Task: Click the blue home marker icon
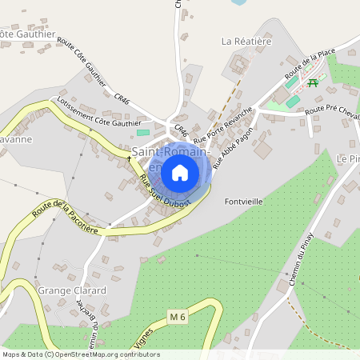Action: pyautogui.click(x=180, y=172)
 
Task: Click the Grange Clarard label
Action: pyautogui.click(x=72, y=290)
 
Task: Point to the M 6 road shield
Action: pyautogui.click(x=178, y=318)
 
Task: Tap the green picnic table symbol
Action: pyautogui.click(x=313, y=82)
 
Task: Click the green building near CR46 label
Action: pyautogui.click(x=144, y=132)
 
